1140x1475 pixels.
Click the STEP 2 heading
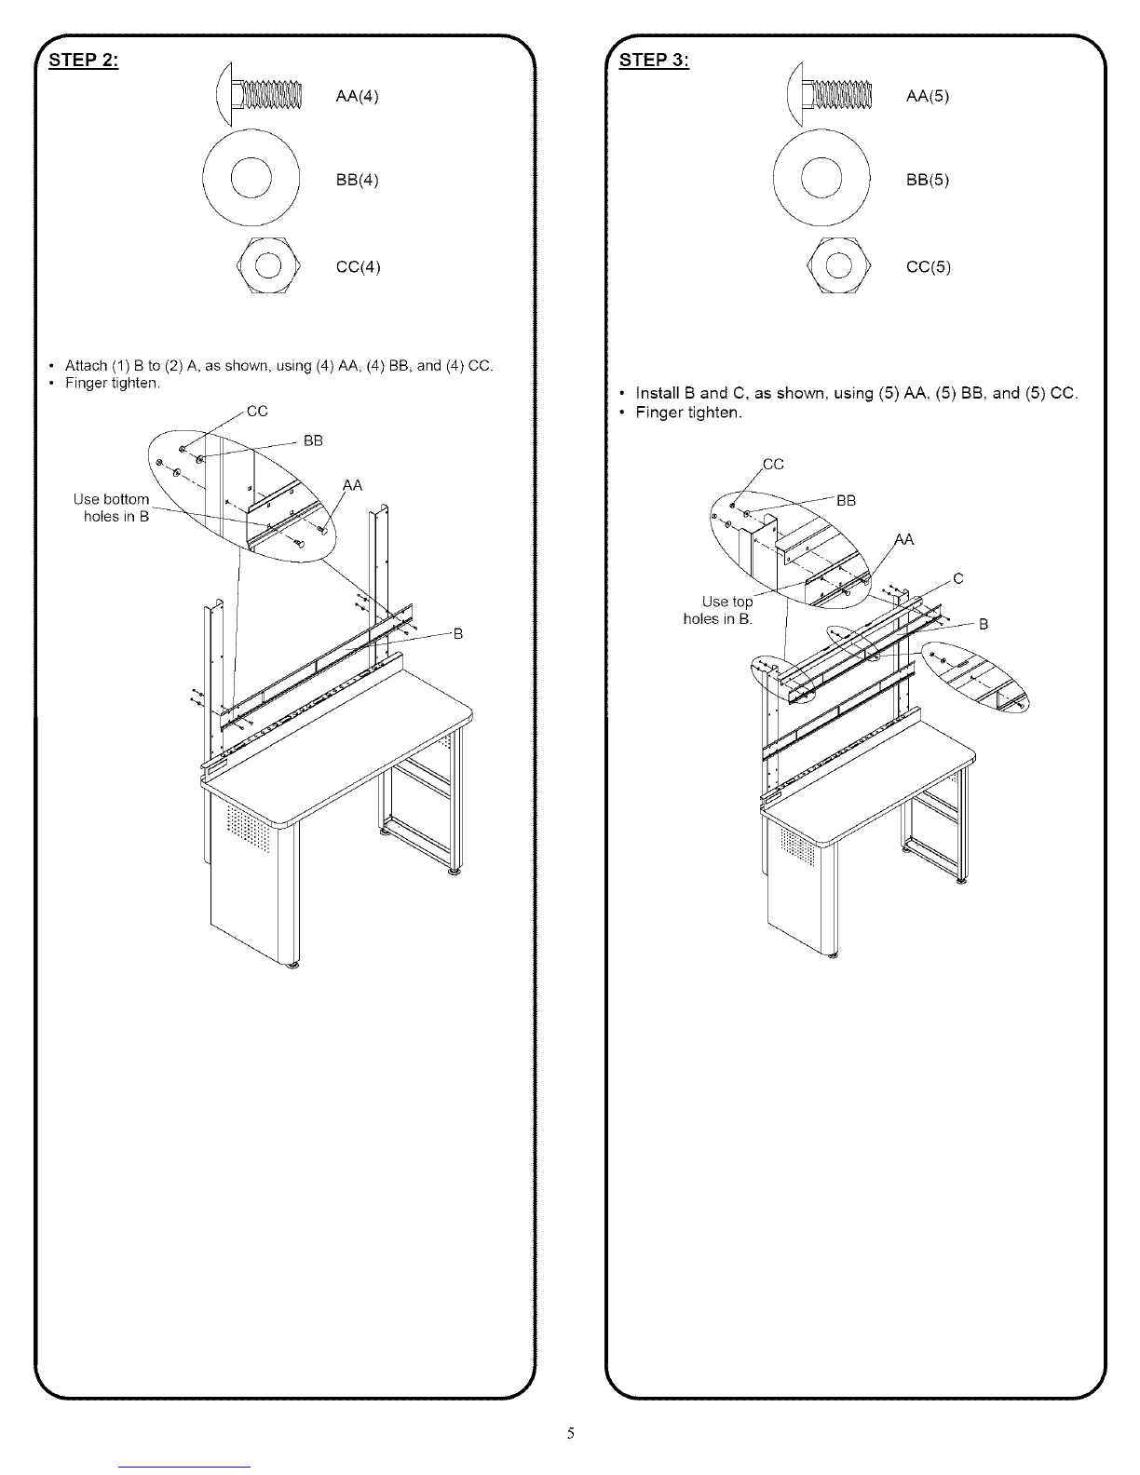84,61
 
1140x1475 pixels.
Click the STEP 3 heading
654,61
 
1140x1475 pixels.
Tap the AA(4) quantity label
357,97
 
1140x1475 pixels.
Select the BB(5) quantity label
928,180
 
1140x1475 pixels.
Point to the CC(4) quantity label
358,266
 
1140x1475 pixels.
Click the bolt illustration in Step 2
259,94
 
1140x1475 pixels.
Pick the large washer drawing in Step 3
821,178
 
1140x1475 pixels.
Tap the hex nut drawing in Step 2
268,265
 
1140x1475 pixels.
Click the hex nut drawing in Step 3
838,265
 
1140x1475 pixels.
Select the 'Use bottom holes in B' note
112,507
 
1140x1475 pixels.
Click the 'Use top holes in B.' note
718,610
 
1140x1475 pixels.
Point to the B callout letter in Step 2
458,634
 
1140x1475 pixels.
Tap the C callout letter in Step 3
958,579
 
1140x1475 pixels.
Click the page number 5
570,1433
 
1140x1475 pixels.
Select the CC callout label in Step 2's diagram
257,412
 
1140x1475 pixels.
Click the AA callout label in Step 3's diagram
903,540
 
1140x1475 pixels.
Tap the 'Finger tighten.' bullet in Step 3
688,413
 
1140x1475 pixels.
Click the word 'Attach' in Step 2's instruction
87,366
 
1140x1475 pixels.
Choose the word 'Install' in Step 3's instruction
658,393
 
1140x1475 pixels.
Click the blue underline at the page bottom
184,1468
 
